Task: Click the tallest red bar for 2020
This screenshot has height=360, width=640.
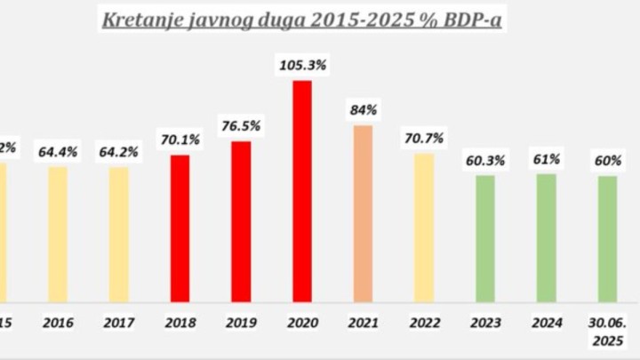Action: tap(302, 191)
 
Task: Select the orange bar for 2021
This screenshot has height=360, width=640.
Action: tap(363, 213)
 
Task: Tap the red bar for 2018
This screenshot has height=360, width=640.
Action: tap(180, 228)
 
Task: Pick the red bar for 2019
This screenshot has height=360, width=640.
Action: tap(241, 221)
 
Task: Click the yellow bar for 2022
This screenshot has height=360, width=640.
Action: tap(424, 228)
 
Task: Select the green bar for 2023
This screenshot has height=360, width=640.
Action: tap(484, 238)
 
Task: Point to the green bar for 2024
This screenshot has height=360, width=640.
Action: tap(546, 237)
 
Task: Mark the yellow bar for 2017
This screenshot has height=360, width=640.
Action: tap(119, 235)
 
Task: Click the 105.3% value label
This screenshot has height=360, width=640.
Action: tap(302, 64)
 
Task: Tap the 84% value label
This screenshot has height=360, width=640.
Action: tap(364, 109)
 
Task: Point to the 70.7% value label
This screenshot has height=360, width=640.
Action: tap(424, 138)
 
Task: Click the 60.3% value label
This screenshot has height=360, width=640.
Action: tap(484, 160)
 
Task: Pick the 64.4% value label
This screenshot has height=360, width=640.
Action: tap(58, 152)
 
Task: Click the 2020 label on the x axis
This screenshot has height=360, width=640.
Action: tap(302, 324)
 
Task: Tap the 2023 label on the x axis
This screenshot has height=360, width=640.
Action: tap(484, 324)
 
